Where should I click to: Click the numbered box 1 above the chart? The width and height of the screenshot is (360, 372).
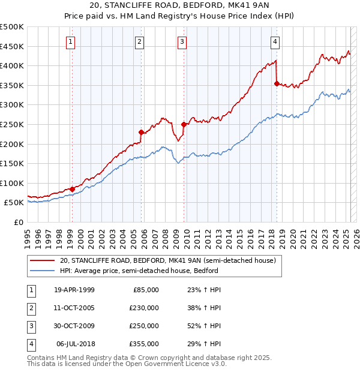71,41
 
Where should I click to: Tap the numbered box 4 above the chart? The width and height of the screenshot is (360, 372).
275,41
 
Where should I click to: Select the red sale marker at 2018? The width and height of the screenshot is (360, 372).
277,84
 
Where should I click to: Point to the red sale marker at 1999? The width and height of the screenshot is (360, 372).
73,189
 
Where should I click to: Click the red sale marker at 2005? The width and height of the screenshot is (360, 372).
141,133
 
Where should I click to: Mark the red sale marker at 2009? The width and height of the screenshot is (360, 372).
184,125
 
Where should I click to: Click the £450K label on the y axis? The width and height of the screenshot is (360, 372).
12,46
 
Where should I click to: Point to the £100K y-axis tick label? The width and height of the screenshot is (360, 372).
12,183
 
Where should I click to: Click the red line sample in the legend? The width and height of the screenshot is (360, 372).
42,260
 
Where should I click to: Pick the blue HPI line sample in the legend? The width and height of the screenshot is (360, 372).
42,271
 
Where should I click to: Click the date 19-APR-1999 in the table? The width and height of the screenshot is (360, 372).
74,290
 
